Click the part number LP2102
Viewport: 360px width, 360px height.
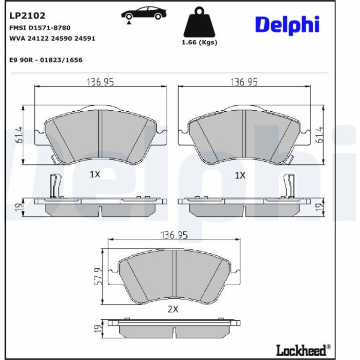27,15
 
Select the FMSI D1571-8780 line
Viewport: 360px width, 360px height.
40,28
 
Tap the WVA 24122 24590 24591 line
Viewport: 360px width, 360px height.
52,38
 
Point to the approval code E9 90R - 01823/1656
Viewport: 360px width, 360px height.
46,60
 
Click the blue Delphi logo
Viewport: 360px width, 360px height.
287,25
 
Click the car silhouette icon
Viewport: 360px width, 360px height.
144,14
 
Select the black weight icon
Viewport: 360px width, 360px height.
199,22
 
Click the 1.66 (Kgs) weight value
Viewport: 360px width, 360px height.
199,43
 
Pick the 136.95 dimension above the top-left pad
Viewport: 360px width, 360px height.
100,82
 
